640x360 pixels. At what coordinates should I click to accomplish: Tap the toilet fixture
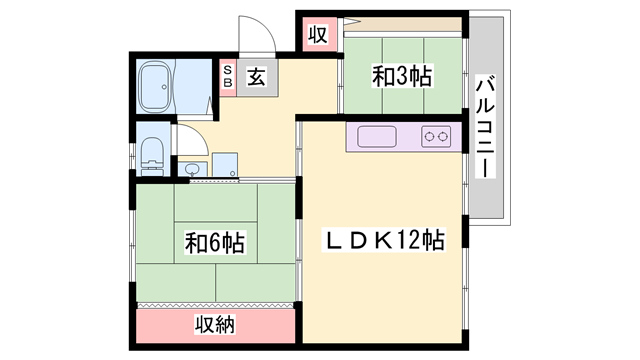pos(152,155)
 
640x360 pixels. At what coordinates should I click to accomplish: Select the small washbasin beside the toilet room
pos(193,166)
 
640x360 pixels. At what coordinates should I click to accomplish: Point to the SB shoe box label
pos(228,77)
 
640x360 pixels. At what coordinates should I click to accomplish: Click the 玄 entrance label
pos(256,76)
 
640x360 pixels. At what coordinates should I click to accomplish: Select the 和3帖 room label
pos(403,76)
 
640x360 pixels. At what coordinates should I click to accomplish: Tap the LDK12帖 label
pos(382,241)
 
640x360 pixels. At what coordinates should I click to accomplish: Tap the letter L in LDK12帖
pos(330,241)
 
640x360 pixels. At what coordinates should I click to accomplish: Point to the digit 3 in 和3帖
pos(405,76)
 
